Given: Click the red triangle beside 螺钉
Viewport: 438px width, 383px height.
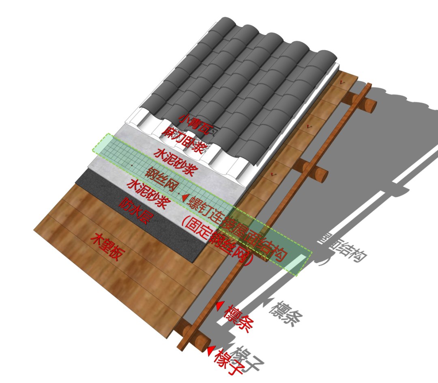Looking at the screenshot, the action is (185, 198).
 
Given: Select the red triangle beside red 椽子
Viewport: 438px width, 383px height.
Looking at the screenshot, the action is (210, 351).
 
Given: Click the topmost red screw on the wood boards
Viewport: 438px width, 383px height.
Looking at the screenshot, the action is (342, 83).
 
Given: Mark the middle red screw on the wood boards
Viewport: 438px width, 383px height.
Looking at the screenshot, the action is (310, 127).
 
